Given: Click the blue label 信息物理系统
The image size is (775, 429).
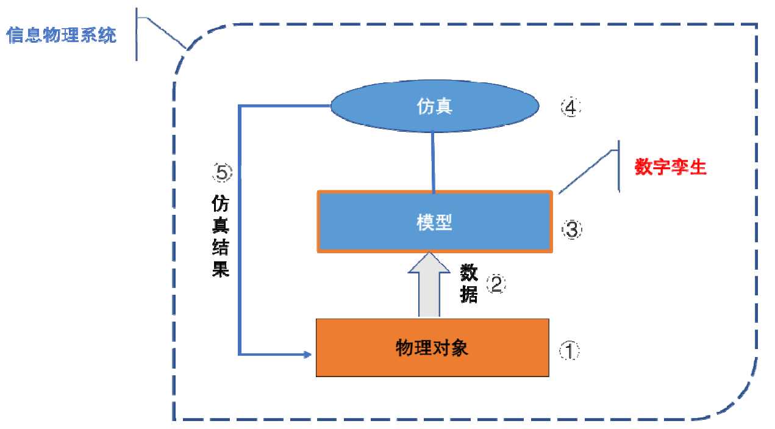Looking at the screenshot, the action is click(61, 35).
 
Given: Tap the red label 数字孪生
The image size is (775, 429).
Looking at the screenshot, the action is click(670, 167).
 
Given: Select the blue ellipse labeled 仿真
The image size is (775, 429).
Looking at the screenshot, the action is click(435, 106).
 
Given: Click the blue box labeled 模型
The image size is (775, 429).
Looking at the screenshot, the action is click(435, 222).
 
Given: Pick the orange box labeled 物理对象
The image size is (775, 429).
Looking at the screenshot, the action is click(432, 348).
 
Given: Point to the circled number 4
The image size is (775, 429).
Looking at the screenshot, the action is click(571, 107).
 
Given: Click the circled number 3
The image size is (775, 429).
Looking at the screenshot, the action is click(571, 229).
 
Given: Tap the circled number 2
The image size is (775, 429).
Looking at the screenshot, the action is click(496, 284).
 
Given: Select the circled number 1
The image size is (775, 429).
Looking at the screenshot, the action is click(569, 350).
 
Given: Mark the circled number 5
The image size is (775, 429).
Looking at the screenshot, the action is click(222, 173).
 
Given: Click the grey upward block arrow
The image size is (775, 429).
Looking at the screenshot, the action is click(429, 284).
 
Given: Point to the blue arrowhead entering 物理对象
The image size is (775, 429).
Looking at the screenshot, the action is click(307, 354).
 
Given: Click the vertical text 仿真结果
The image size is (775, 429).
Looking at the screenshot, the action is click(220, 236).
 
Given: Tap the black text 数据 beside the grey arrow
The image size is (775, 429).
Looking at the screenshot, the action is click(469, 284).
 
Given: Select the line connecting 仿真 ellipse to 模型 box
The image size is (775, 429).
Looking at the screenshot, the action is click(433, 162).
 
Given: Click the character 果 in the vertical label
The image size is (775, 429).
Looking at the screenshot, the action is click(220, 269).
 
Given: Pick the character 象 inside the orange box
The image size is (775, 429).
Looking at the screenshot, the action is click(459, 348).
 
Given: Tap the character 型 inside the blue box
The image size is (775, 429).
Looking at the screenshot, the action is click(443, 222).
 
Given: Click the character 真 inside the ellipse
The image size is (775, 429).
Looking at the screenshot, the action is click(443, 106).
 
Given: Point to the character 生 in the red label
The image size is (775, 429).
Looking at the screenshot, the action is click(698, 167).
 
